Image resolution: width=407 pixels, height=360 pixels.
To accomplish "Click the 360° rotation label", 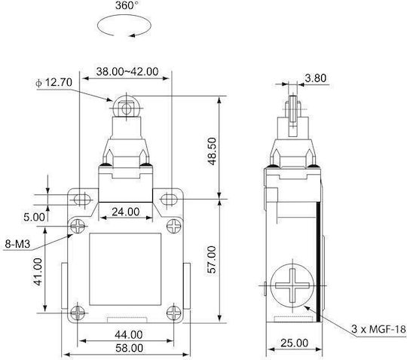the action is click(127, 5).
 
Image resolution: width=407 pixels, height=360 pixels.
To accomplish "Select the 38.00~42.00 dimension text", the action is click(127, 72).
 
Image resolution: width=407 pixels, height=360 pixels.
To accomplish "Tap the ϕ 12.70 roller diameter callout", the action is click(54, 83).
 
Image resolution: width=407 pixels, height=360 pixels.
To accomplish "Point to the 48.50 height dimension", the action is click(212, 151).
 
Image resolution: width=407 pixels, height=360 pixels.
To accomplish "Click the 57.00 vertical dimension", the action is click(212, 260).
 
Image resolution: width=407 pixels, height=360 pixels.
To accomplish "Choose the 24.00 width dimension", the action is click(126, 212).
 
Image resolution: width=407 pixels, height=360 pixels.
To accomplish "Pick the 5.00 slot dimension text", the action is click(34, 217).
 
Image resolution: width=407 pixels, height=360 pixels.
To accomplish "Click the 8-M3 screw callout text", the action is click(17, 244).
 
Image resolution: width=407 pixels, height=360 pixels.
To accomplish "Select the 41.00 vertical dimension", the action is click(38, 272).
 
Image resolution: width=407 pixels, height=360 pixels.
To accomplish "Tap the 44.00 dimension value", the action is click(129, 334).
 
